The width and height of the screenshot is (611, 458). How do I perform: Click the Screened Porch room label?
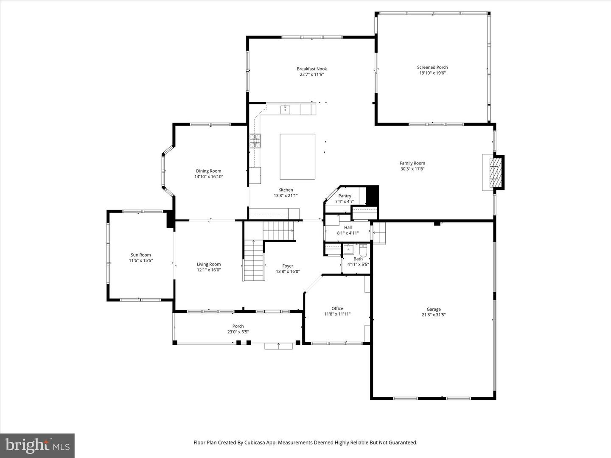(x=432, y=67)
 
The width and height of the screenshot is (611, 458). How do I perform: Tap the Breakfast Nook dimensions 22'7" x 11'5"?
(x=311, y=75)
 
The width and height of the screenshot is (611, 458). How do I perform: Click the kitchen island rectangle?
(x=297, y=156)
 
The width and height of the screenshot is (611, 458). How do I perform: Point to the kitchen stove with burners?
(x=255, y=141)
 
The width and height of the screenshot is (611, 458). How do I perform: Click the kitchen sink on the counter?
(x=286, y=109)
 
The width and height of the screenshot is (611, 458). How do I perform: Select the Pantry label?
(x=345, y=196)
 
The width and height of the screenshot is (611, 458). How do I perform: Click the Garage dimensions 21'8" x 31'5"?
(x=433, y=315)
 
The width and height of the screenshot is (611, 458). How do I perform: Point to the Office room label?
(x=337, y=308)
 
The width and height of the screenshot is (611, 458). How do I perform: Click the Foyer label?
(x=288, y=266)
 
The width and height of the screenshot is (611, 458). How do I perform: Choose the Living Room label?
(x=208, y=264)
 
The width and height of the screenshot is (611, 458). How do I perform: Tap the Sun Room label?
(x=140, y=255)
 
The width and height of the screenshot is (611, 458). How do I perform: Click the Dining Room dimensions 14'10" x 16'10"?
(x=208, y=177)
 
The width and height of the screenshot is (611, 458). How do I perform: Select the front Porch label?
(x=238, y=326)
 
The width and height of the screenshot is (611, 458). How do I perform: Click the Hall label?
(x=348, y=227)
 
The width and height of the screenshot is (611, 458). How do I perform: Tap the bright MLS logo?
(x=37, y=445)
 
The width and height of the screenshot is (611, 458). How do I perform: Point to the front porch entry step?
(x=278, y=346)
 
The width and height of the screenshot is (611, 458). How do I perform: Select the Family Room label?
(x=412, y=163)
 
